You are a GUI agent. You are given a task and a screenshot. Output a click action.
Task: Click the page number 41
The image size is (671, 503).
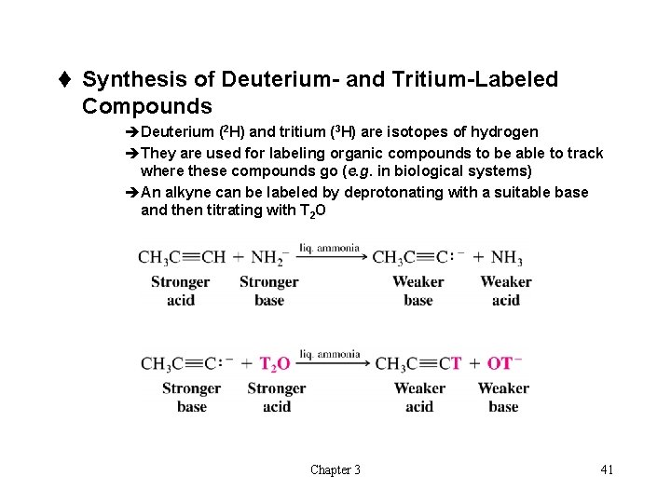coord(607,469)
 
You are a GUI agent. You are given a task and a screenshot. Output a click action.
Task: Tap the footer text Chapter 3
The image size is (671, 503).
coord(335,469)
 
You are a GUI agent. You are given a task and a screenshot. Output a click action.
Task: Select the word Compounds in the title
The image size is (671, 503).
coord(147,106)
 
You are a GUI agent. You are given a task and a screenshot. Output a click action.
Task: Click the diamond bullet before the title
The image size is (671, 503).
coord(69,79)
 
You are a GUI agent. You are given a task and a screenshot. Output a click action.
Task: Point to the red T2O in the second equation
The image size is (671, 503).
coord(275,363)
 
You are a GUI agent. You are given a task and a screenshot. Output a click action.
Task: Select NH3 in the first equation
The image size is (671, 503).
coord(506,258)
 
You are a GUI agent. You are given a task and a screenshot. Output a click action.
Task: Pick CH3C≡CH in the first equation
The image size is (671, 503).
coord(181,258)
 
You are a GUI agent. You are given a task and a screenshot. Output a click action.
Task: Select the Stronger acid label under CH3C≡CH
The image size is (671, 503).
coord(180,291)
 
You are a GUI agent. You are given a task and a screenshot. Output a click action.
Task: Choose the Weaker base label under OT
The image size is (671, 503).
coord(503,397)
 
